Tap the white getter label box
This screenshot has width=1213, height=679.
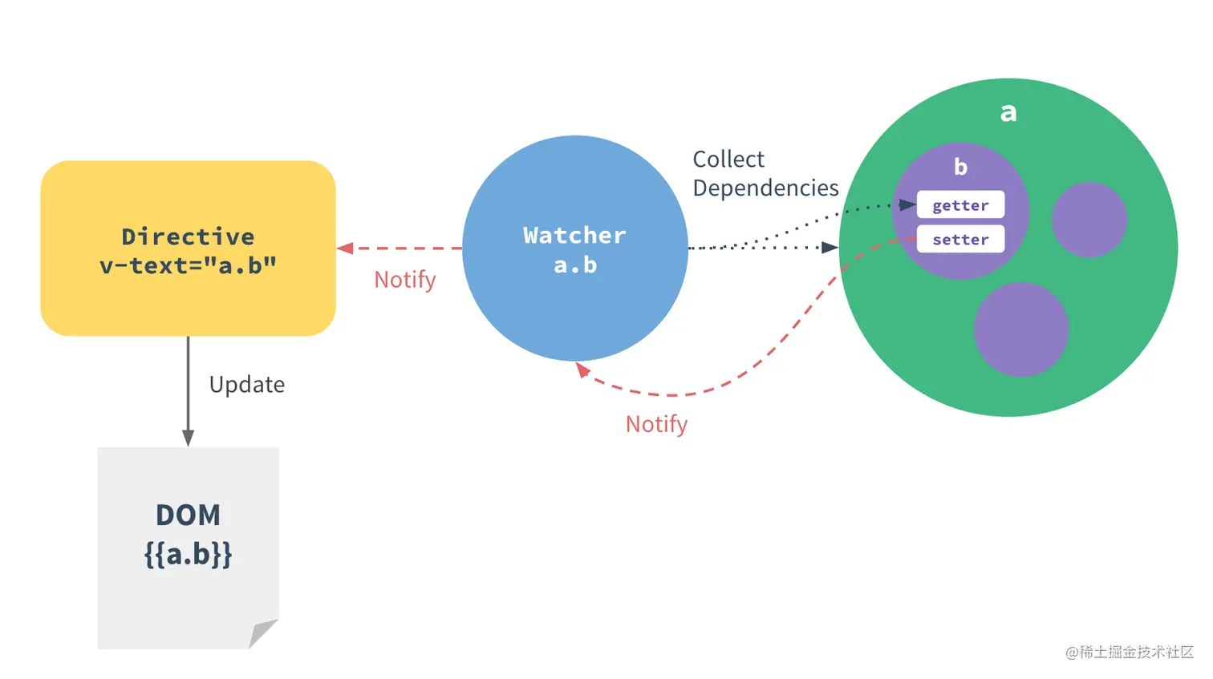click(960, 205)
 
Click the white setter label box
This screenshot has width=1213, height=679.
click(960, 240)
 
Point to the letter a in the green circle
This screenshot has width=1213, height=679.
click(1008, 112)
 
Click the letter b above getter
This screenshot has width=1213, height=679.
click(960, 167)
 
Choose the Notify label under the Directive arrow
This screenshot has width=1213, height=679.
click(405, 280)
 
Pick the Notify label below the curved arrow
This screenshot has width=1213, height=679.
click(656, 424)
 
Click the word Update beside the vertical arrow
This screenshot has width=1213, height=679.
click(247, 385)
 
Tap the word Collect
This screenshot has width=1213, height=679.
click(728, 160)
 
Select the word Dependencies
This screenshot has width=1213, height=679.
click(765, 188)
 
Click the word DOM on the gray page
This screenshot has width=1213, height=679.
click(188, 515)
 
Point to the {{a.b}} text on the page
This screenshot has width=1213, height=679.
click(188, 555)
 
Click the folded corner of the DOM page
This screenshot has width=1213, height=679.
click(262, 633)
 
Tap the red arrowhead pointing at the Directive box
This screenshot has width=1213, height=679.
click(346, 249)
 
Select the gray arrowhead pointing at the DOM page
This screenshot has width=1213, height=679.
click(188, 438)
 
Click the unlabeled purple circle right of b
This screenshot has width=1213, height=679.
click(1089, 220)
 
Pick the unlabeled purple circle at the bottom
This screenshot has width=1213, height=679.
click(1021, 329)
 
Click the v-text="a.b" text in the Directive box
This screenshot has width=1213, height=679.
click(188, 266)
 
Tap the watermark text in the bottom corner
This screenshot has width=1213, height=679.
click(1129, 653)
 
